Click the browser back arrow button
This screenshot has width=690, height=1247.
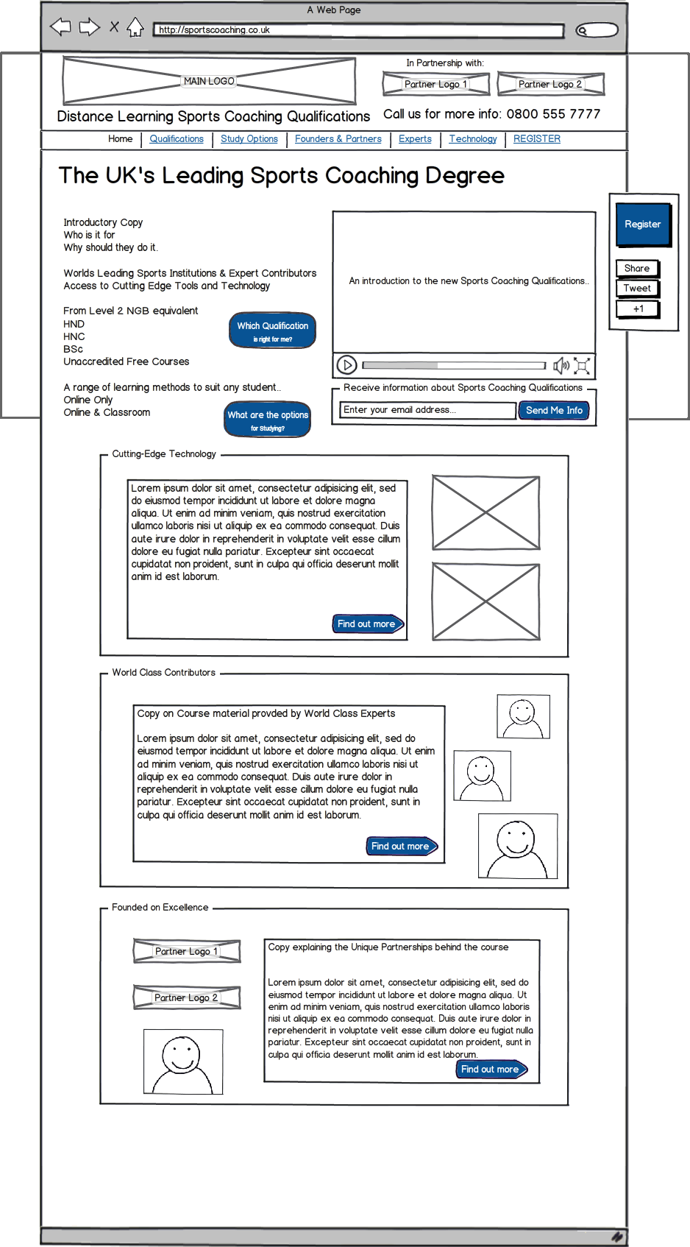point(60,28)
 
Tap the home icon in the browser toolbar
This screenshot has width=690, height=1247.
point(135,28)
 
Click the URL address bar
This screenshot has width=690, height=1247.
point(358,30)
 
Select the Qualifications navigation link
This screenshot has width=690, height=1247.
point(177,139)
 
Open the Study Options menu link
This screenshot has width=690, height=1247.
point(249,139)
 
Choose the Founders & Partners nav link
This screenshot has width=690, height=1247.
point(338,139)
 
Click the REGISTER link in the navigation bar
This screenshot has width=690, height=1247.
point(537,139)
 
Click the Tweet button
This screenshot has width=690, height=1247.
point(637,289)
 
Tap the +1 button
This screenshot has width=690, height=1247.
point(637,309)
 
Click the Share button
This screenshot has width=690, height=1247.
point(637,269)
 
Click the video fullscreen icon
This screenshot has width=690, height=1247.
point(582,365)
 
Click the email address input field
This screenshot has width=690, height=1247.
point(427,410)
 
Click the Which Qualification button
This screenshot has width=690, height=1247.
point(272,331)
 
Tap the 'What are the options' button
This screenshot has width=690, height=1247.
point(268,420)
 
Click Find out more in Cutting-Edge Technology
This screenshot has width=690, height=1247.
point(367,624)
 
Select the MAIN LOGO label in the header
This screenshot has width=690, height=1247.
point(209,81)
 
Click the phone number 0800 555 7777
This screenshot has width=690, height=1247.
point(553,114)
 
